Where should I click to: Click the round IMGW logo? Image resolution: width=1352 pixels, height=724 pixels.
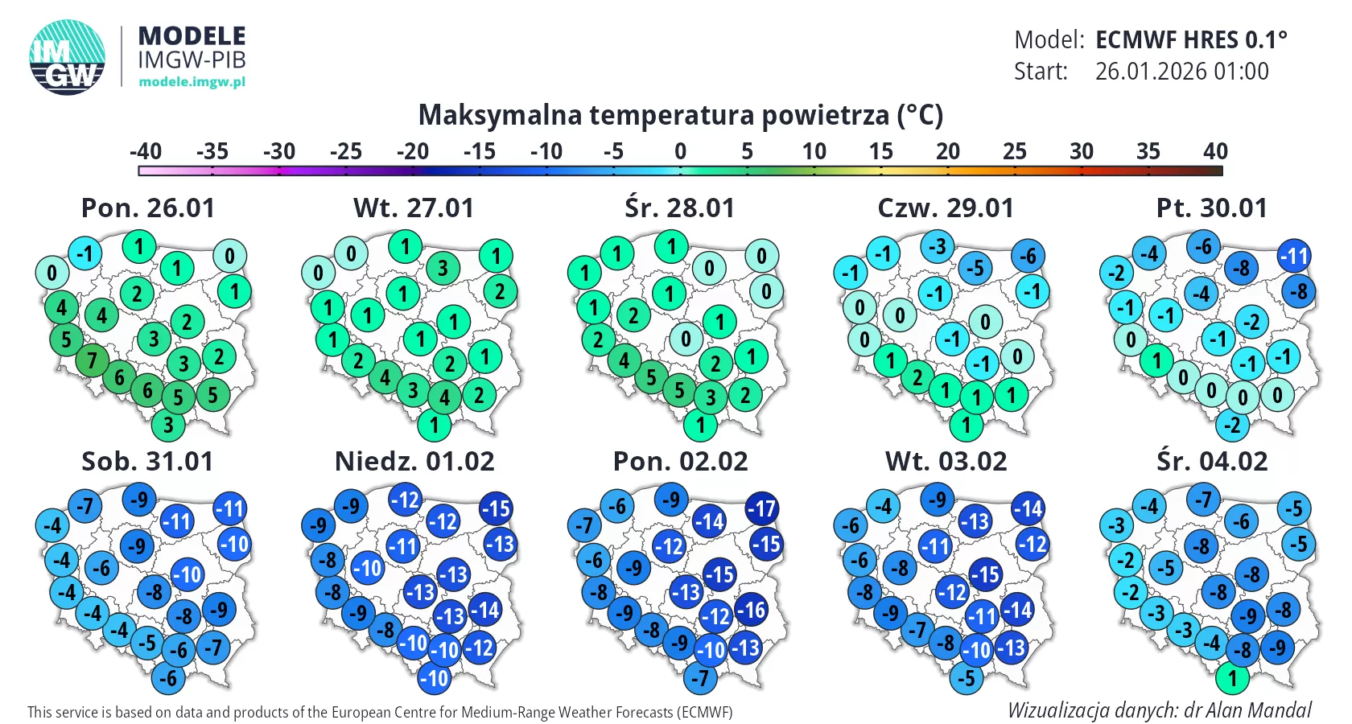tap(68, 57)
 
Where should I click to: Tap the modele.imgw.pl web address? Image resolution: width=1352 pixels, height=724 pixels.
tap(192, 81)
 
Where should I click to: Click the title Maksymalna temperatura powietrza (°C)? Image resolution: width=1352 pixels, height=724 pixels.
tap(680, 115)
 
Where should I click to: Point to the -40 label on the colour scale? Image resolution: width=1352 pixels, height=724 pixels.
tap(146, 151)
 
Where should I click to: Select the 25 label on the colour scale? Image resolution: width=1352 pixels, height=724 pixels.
tap(1014, 151)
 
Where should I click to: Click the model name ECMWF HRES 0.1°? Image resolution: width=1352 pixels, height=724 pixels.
tap(1191, 39)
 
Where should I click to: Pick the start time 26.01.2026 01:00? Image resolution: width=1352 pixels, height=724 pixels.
tap(1181, 72)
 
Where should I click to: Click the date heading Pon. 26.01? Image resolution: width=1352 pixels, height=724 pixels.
tap(148, 208)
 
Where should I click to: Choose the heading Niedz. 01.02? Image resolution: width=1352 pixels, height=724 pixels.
tap(414, 462)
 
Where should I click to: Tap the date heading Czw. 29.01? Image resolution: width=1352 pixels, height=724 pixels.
tap(946, 208)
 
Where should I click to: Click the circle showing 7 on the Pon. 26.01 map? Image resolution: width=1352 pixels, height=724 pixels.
tap(92, 360)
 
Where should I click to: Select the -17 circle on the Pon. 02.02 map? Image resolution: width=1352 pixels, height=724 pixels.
tap(761, 508)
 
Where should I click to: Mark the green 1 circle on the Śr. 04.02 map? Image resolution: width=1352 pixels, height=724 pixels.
tap(1231, 678)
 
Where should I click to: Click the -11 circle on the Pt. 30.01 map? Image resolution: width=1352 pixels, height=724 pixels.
tap(1294, 257)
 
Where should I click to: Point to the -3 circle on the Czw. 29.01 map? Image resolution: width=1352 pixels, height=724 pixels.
tap(938, 245)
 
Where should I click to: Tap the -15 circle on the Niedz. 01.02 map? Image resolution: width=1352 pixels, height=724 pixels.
tap(496, 508)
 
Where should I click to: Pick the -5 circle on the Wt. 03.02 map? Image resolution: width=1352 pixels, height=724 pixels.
tap(967, 678)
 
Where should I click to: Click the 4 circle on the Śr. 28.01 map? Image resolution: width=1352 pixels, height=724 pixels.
tap(624, 360)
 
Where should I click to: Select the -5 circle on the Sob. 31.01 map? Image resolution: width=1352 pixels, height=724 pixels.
tap(147, 643)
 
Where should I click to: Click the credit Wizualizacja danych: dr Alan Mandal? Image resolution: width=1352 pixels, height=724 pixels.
tap(1159, 710)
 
